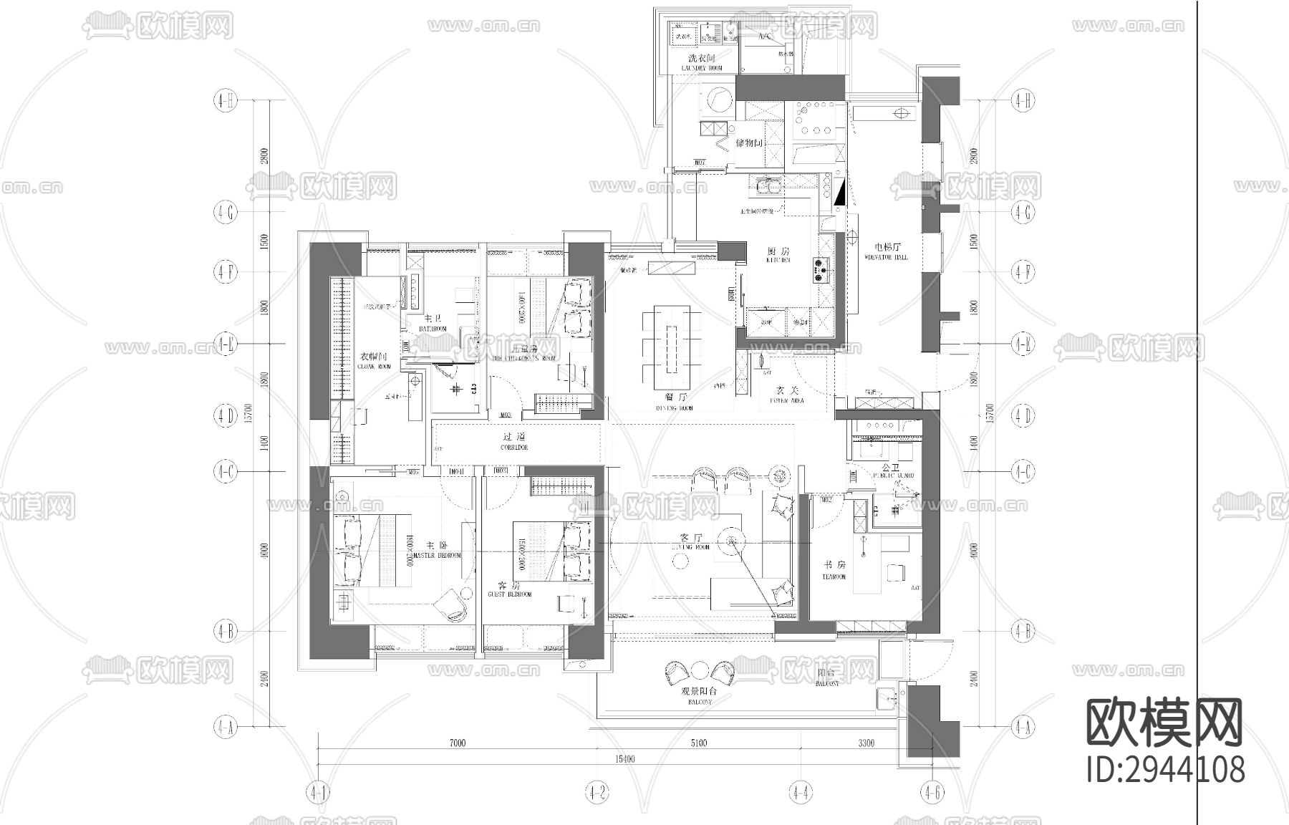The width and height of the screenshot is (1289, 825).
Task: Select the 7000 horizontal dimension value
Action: pos(457,743)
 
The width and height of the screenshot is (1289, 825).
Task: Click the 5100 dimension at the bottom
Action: pos(697,743)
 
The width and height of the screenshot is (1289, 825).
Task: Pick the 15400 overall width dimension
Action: pos(624,759)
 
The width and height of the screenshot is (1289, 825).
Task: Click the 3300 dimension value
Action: pos(866,743)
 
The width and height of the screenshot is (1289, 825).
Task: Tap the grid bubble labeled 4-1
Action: pos(317,793)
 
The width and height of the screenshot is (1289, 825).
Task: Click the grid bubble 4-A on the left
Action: pos(224,728)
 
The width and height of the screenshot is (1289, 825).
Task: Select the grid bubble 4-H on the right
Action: pos(1022,101)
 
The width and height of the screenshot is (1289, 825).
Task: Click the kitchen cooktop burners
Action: pos(820,270)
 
